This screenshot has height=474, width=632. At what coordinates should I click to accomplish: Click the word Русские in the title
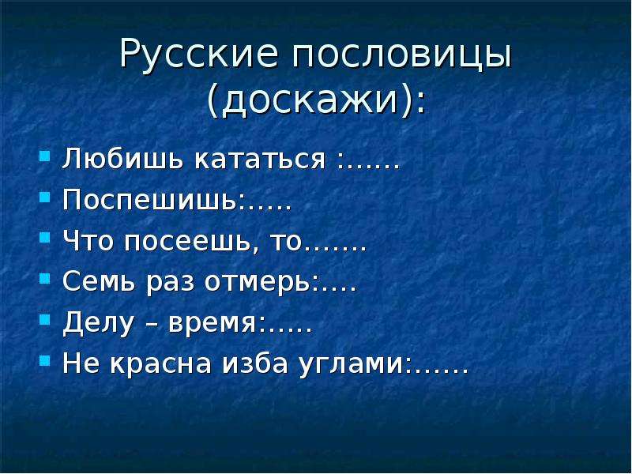click(x=199, y=55)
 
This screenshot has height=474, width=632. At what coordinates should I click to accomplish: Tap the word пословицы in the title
click(x=401, y=55)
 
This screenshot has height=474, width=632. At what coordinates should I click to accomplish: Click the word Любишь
click(x=123, y=160)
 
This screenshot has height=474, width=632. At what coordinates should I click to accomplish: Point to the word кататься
click(x=260, y=160)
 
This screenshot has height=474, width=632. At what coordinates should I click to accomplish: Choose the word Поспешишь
click(x=150, y=201)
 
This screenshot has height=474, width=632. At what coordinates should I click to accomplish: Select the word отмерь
click(x=258, y=282)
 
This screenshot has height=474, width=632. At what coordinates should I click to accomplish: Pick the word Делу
click(x=98, y=323)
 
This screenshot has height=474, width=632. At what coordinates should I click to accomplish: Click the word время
click(x=211, y=324)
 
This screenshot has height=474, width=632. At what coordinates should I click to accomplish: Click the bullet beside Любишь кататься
click(x=45, y=156)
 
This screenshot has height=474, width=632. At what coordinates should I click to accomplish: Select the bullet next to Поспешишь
click(x=45, y=197)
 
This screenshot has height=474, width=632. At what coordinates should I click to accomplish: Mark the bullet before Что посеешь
click(x=45, y=237)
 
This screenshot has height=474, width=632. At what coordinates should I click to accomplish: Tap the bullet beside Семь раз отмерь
click(x=45, y=278)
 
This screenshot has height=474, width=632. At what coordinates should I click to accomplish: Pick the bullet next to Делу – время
click(x=45, y=319)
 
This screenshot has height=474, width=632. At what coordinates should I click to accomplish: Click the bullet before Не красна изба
click(x=45, y=359)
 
